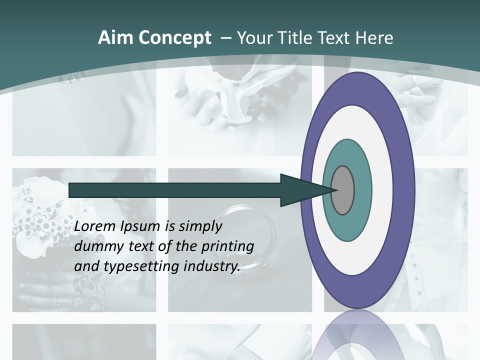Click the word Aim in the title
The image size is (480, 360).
tap(115, 38)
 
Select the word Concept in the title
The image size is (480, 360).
tap(174, 38)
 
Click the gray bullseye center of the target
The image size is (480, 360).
tap(343, 190)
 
